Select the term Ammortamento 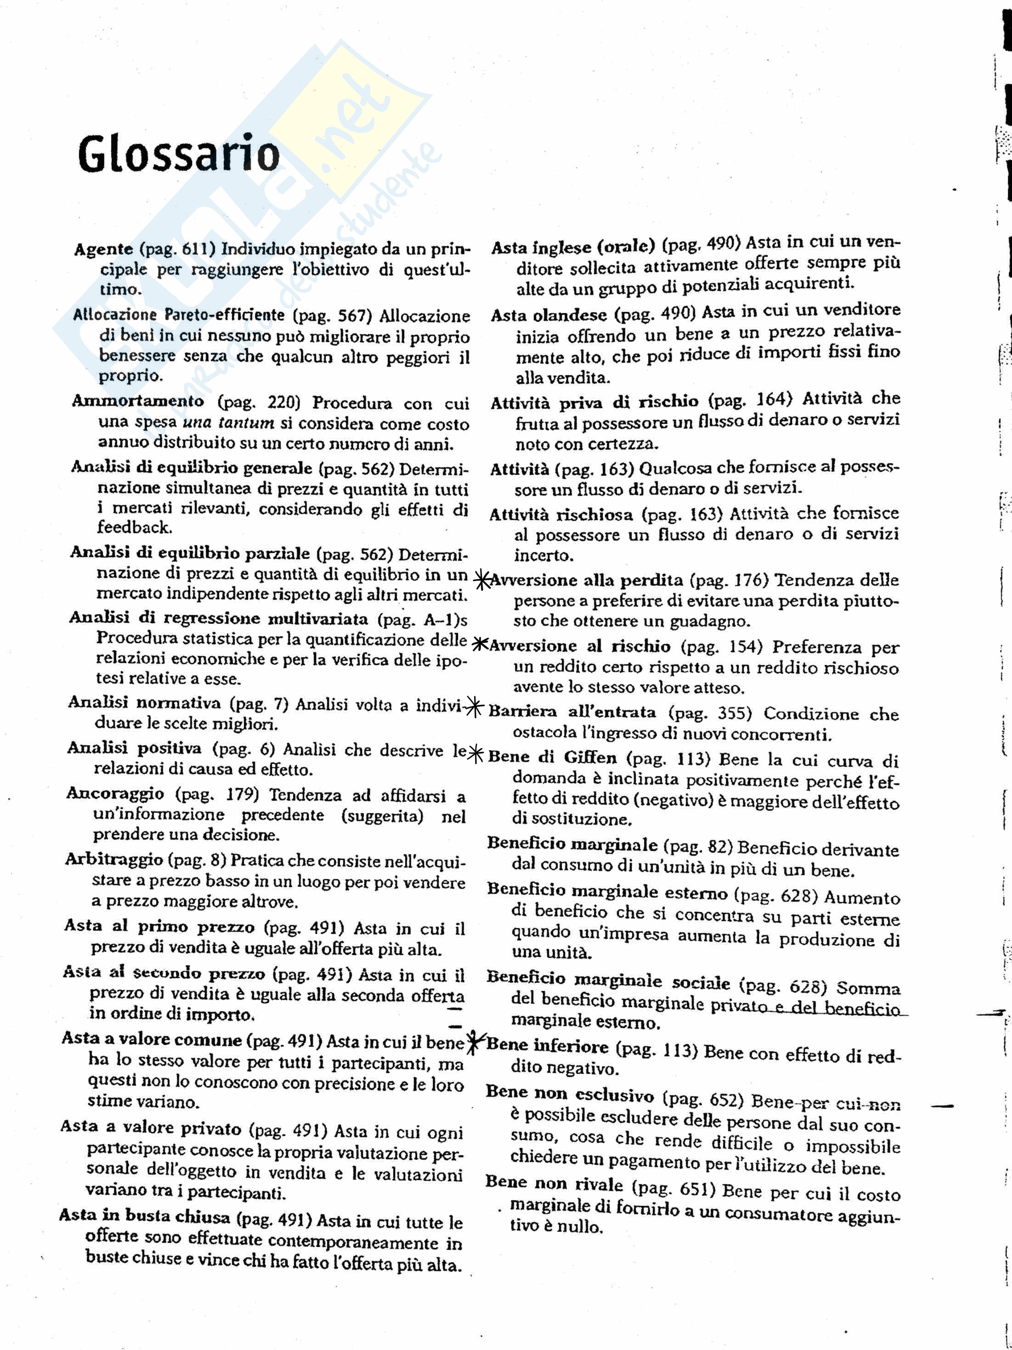click(x=138, y=401)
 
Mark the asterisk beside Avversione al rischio click(x=481, y=644)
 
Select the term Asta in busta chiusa click(x=145, y=1216)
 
